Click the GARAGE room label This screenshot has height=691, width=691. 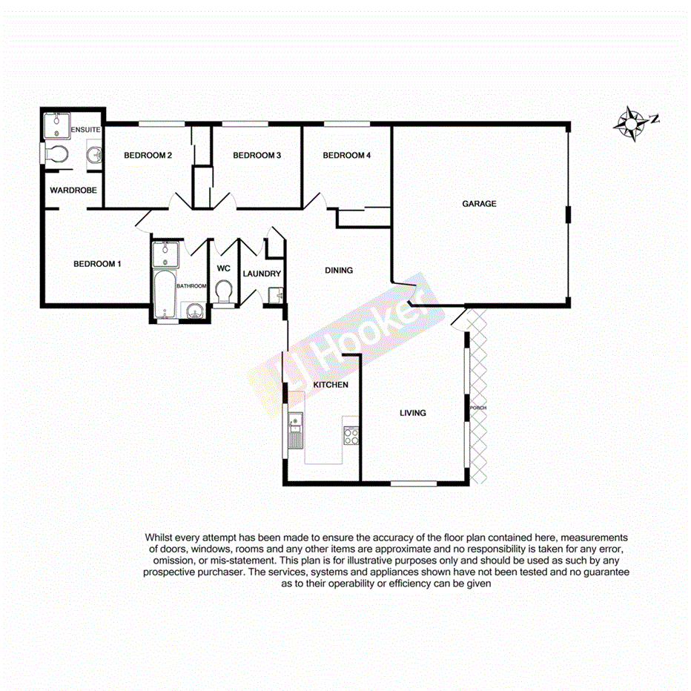pyautogui.click(x=479, y=204)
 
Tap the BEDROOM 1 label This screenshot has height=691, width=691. pyautogui.click(x=97, y=264)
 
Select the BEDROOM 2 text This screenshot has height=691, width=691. pyautogui.click(x=148, y=156)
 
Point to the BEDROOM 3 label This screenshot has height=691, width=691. pyautogui.click(x=257, y=156)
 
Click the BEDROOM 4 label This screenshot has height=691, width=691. pyautogui.click(x=346, y=156)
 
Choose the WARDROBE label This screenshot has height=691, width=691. pyautogui.click(x=73, y=191)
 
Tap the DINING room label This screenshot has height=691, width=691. pyautogui.click(x=339, y=271)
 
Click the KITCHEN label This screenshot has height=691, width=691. pyautogui.click(x=331, y=386)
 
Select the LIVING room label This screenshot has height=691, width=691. pyautogui.click(x=413, y=413)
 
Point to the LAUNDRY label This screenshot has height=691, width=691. pyautogui.click(x=262, y=274)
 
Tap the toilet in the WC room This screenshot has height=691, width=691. pyautogui.click(x=224, y=292)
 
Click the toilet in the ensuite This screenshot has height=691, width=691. pyautogui.click(x=56, y=154)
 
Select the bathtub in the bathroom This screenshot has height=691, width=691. pyautogui.click(x=164, y=292)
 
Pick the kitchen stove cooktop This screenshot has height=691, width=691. pyautogui.click(x=351, y=435)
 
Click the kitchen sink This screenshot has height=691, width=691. pyautogui.click(x=295, y=427)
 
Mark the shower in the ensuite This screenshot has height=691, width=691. pyautogui.click(x=56, y=125)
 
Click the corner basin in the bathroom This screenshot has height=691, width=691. pyautogui.click(x=194, y=311)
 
